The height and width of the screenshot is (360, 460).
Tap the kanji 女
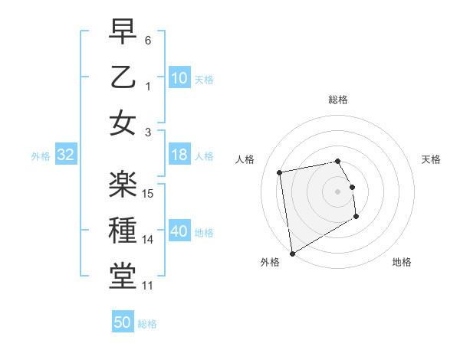click(x=123, y=123)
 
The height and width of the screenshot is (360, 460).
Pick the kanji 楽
click(x=123, y=184)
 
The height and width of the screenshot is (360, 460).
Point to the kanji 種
click(x=123, y=231)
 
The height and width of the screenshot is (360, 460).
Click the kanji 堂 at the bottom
click(x=123, y=277)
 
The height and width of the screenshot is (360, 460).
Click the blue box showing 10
click(x=179, y=77)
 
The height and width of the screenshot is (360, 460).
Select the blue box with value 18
click(x=179, y=155)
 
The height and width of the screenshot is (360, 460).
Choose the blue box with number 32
click(x=66, y=155)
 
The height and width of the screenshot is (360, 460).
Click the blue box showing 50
click(x=123, y=323)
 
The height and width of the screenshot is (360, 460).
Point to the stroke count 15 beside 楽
click(x=149, y=193)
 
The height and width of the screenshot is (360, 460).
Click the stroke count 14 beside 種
click(x=149, y=240)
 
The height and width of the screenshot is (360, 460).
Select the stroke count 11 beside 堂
click(x=149, y=286)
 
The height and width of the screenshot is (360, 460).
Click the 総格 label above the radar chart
click(x=338, y=100)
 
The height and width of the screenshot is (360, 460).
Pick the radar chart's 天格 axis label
click(x=431, y=159)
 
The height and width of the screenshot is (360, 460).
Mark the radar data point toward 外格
click(x=292, y=254)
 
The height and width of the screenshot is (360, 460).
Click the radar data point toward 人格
click(x=280, y=172)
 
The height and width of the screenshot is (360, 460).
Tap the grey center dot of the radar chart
click(x=338, y=191)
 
